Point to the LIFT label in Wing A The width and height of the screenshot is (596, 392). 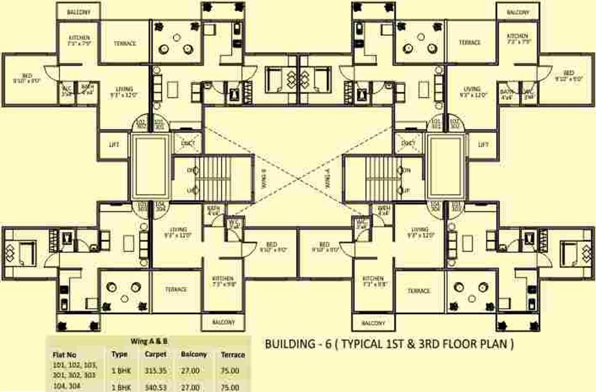(x=483, y=144)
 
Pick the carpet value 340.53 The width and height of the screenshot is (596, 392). (x=155, y=387)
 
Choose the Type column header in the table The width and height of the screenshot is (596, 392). (x=119, y=354)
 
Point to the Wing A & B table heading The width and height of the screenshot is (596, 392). (x=150, y=342)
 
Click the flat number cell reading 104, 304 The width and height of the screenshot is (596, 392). (x=67, y=387)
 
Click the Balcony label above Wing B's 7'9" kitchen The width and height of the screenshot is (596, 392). (x=79, y=12)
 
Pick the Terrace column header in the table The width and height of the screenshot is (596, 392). (x=232, y=355)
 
